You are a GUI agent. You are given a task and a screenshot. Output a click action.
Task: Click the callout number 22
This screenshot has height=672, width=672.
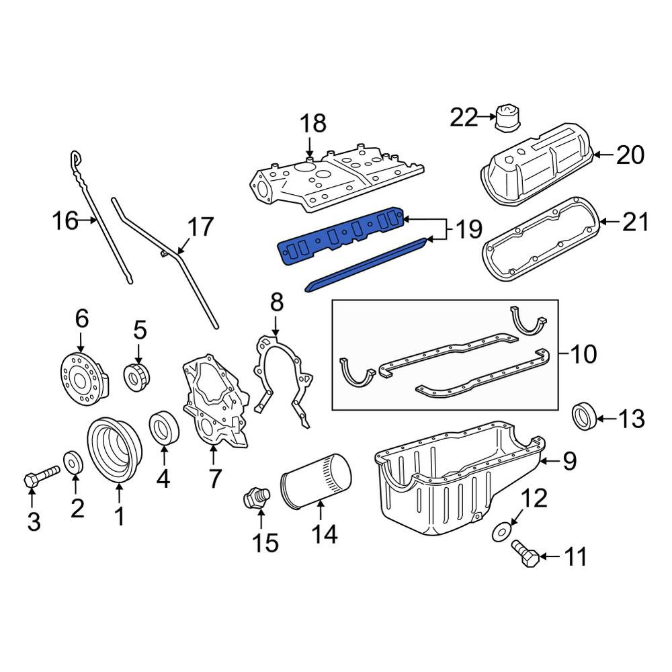463,118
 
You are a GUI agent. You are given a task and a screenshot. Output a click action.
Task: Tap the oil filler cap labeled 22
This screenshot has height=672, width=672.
507,118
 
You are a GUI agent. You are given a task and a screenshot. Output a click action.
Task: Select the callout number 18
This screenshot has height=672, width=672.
313,124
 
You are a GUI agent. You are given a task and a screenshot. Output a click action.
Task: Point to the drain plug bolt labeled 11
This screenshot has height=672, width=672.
525,553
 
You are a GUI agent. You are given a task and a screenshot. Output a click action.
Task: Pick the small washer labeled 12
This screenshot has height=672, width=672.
500,532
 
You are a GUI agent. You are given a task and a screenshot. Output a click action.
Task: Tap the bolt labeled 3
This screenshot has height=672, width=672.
41,476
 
